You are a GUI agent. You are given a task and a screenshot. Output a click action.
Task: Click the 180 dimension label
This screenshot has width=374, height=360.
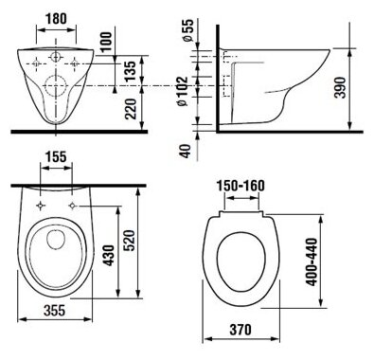[57, 19]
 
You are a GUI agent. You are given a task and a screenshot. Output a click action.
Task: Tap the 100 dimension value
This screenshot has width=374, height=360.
[106, 42]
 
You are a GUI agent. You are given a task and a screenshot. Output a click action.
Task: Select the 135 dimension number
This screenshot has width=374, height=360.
[131, 71]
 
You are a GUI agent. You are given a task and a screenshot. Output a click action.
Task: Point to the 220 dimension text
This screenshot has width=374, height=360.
[131, 109]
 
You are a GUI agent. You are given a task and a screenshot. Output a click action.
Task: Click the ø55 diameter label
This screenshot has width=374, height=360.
[187, 30]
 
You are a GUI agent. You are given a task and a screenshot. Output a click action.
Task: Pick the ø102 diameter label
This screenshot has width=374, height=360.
[182, 91]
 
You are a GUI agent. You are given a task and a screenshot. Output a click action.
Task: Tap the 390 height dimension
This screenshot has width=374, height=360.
[340, 87]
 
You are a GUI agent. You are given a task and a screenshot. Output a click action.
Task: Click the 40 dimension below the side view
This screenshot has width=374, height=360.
[186, 151]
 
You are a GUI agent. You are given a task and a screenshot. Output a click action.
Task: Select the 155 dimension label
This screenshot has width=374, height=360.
[56, 156]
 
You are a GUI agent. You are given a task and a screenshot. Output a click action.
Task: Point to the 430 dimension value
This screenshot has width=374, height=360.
[109, 255]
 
